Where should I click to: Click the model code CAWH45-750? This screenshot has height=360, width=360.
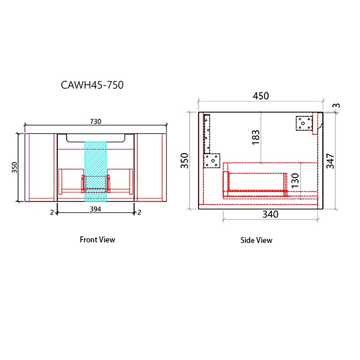[92, 85]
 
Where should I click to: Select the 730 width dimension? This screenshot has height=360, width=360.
[95, 121]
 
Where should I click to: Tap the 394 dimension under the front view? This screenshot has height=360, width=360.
[95, 209]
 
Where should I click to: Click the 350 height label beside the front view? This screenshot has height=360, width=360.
[14, 167]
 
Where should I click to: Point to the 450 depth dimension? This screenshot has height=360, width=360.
[260, 96]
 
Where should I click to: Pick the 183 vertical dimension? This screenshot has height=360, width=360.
[256, 137]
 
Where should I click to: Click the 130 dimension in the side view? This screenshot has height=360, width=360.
[295, 181]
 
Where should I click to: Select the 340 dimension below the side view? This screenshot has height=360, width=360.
[270, 214]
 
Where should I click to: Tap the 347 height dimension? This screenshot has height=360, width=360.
[331, 161]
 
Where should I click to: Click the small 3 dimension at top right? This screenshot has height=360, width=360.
[337, 106]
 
